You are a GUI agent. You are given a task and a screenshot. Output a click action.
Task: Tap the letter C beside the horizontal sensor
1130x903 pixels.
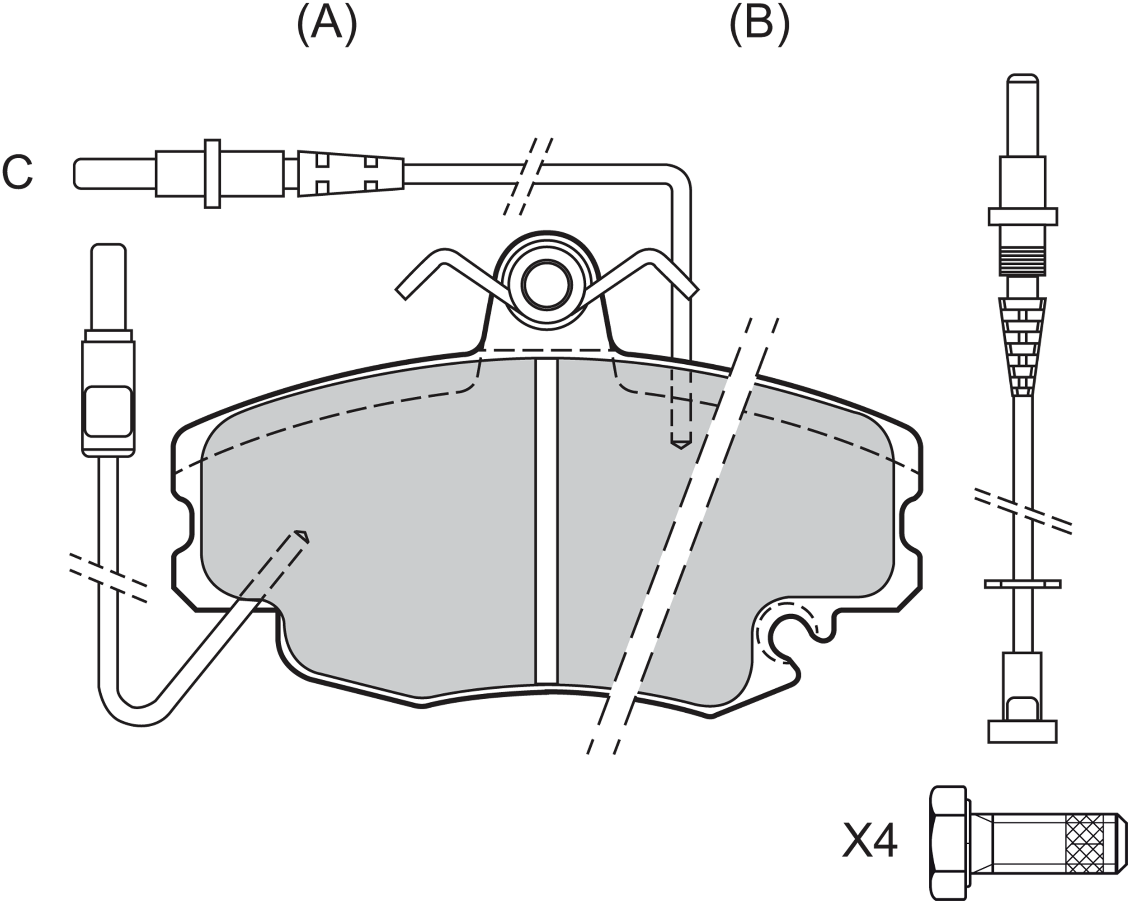(17, 173)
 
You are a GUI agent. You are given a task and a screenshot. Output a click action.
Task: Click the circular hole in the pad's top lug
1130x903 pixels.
(546, 285)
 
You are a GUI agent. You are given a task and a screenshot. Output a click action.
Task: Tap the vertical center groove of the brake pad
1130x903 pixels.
(546, 522)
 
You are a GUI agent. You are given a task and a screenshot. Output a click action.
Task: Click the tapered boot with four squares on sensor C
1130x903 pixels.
(351, 174)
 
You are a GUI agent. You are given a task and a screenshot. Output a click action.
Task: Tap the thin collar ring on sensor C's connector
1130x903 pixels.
(212, 174)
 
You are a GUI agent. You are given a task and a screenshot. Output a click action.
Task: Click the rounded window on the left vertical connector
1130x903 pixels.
(108, 411)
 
